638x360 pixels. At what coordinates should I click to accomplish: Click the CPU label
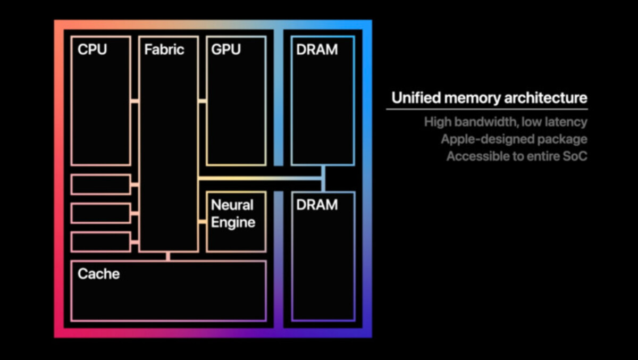click(x=92, y=49)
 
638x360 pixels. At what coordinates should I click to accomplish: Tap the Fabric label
click(x=164, y=49)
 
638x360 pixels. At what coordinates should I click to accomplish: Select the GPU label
click(x=226, y=49)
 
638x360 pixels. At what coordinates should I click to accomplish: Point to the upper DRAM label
click(x=317, y=49)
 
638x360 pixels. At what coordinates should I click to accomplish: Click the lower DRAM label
click(x=317, y=205)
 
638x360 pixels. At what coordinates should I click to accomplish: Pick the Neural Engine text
click(x=233, y=213)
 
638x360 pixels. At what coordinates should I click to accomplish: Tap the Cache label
click(x=98, y=274)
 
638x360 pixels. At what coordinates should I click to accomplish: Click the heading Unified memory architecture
click(x=489, y=98)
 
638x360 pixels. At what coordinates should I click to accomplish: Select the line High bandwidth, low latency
click(x=505, y=122)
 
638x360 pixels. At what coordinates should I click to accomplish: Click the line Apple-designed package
click(x=514, y=139)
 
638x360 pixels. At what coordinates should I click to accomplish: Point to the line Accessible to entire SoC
click(x=516, y=157)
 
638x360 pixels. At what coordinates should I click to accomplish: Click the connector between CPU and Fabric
click(x=135, y=101)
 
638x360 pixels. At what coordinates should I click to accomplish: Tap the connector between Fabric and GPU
click(x=202, y=101)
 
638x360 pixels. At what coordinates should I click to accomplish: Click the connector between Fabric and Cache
click(x=168, y=256)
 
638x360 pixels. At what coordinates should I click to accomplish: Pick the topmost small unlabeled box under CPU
click(x=100, y=185)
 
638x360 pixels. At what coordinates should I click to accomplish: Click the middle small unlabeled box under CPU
click(x=100, y=213)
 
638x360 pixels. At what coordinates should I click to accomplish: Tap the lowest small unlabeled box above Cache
click(x=100, y=242)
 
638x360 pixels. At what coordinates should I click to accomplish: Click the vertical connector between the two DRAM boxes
click(x=323, y=178)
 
